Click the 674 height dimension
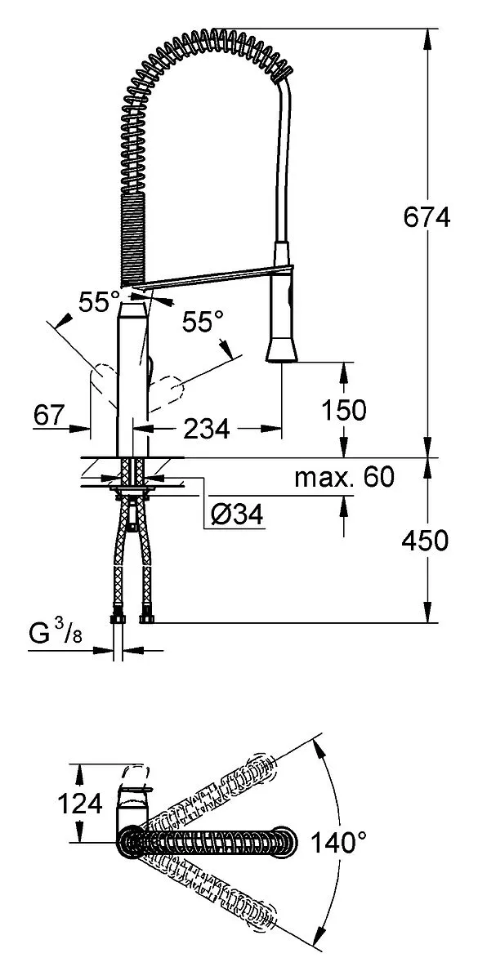pyautogui.click(x=427, y=217)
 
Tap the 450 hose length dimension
pyautogui.click(x=425, y=540)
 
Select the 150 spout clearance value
pyautogui.click(x=344, y=410)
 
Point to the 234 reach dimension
pyautogui.click(x=207, y=429)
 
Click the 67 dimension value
pyautogui.click(x=49, y=415)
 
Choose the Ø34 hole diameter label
pyautogui.click(x=237, y=514)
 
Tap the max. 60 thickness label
pyautogui.click(x=345, y=476)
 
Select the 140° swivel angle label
pyautogui.click(x=338, y=842)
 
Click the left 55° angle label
pyautogui.click(x=99, y=301)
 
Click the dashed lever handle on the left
pyautogui.click(x=103, y=384)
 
